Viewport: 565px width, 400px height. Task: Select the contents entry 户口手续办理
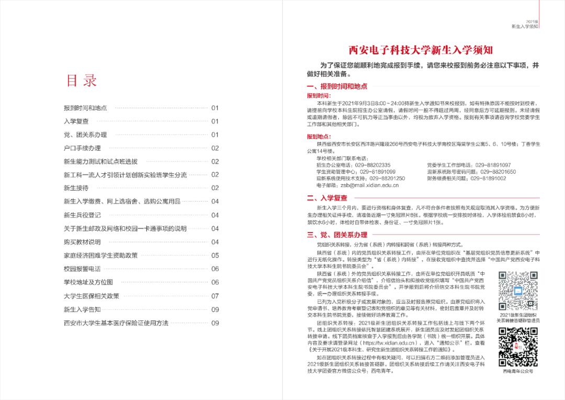point(82,148)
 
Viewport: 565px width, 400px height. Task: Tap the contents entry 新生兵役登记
point(82,215)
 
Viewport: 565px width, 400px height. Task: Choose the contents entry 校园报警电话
point(82,269)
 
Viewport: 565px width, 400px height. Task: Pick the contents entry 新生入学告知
point(82,309)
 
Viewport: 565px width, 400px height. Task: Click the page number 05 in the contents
point(215,255)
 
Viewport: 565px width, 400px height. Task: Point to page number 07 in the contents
point(215,296)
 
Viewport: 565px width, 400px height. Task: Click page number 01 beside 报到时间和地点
point(215,108)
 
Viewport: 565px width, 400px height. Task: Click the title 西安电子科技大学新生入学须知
point(421,50)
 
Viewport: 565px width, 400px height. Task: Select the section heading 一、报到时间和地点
point(337,86)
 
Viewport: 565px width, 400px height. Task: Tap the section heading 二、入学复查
point(327,198)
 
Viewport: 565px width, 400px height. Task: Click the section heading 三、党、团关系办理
point(337,235)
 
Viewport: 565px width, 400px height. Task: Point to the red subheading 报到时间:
point(319,96)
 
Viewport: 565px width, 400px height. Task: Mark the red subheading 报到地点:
point(319,137)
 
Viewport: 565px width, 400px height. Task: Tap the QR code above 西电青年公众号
point(517,347)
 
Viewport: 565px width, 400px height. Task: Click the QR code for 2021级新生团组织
point(517,291)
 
